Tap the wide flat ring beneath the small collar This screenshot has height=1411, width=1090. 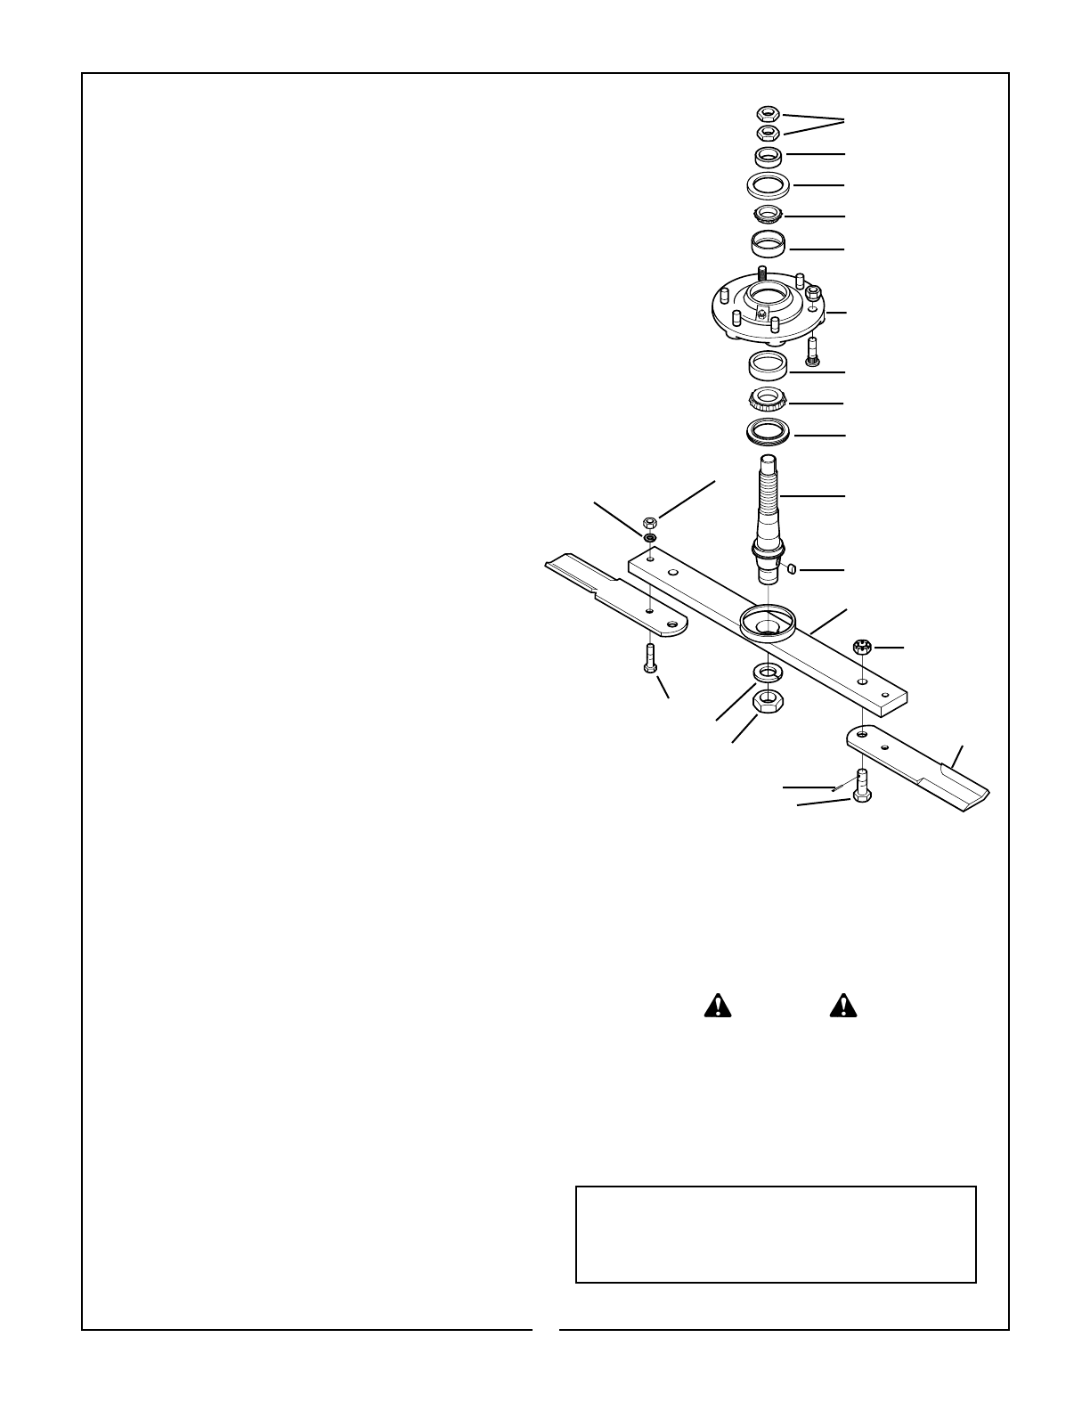click(768, 186)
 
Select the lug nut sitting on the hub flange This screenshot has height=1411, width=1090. click(812, 293)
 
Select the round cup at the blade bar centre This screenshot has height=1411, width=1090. click(767, 622)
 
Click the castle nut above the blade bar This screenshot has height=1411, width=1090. click(862, 648)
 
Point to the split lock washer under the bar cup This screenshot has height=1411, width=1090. click(767, 670)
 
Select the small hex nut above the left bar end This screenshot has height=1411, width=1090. click(649, 522)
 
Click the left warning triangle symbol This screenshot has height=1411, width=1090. click(717, 1006)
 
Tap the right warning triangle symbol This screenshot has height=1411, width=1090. click(842, 1006)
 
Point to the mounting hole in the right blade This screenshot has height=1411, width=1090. click(862, 735)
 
